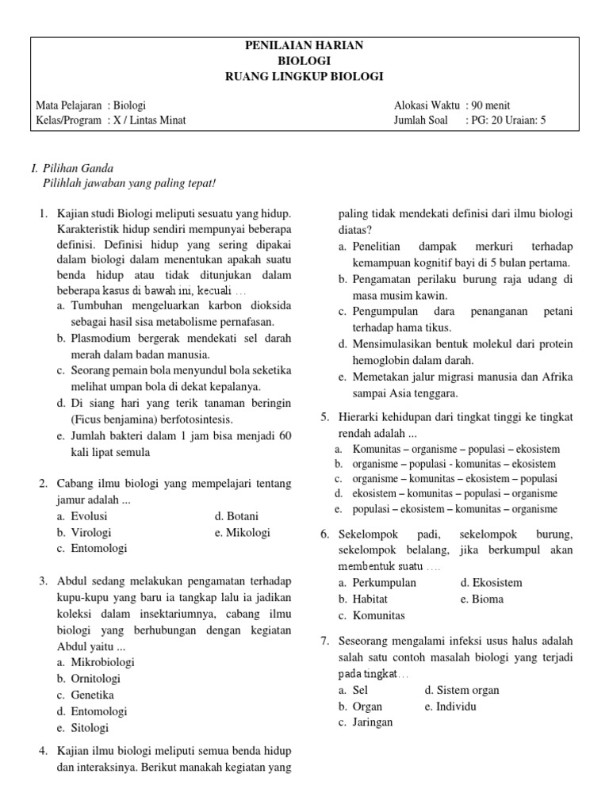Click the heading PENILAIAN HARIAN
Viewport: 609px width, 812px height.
[x=304, y=45]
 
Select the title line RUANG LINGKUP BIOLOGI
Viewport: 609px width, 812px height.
[x=304, y=76]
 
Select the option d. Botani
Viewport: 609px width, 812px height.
[x=236, y=515]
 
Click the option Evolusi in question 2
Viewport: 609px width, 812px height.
[x=89, y=515]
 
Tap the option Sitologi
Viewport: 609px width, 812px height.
[x=90, y=727]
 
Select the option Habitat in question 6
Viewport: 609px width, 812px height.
[x=373, y=599]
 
